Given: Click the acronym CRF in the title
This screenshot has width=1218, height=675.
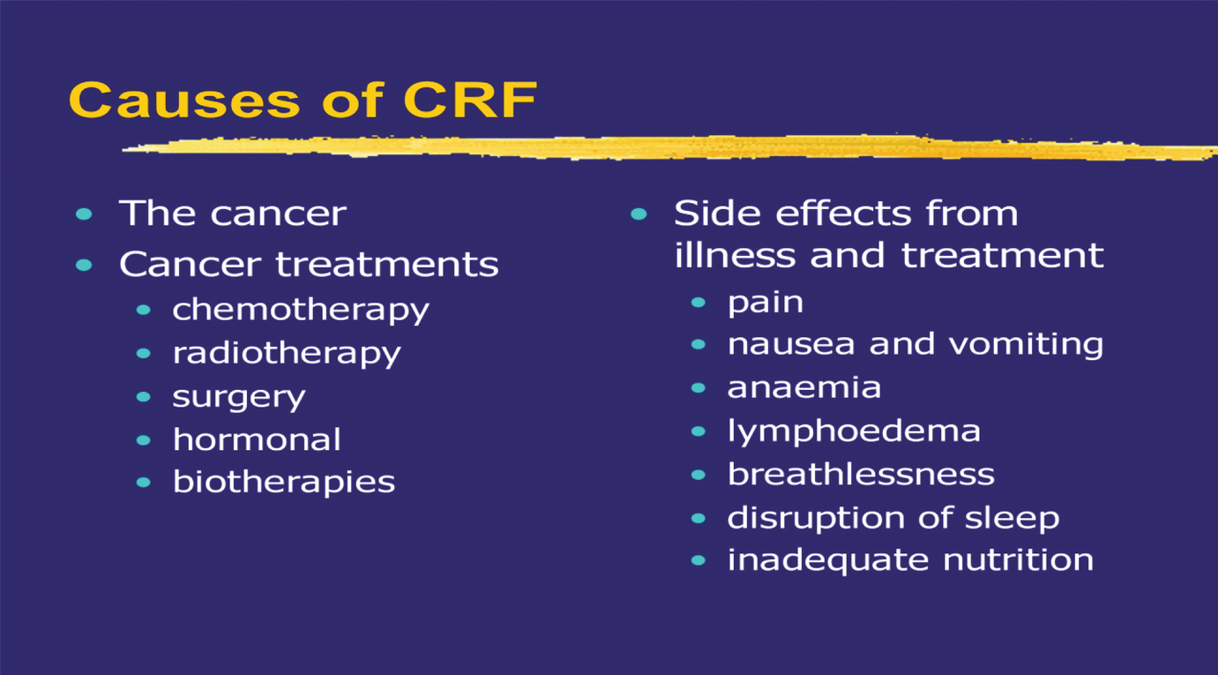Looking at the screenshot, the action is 470,100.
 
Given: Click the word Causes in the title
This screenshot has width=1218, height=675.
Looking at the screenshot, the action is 184,100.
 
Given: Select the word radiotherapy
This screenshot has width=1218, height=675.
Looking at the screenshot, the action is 287,354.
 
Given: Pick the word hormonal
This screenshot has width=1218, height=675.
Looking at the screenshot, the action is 257,439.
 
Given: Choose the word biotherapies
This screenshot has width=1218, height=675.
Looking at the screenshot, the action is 284,483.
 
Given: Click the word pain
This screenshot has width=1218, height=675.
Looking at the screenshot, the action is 766,304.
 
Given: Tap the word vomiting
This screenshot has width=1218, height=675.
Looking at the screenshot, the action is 1026,345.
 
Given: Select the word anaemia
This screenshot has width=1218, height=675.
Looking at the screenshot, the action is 804,388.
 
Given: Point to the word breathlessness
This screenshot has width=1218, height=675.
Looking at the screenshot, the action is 862,474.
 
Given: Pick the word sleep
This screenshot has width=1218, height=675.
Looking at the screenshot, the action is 1012,518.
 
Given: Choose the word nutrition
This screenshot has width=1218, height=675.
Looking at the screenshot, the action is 1019,559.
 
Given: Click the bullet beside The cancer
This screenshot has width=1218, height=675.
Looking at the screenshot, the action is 85,214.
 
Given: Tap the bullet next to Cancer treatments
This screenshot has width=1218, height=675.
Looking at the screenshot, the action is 85,265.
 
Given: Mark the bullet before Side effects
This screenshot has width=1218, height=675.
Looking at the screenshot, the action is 639,214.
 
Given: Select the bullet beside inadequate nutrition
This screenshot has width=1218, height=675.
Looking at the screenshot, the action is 699,560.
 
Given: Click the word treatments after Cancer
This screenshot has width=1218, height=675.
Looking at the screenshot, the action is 387,265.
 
